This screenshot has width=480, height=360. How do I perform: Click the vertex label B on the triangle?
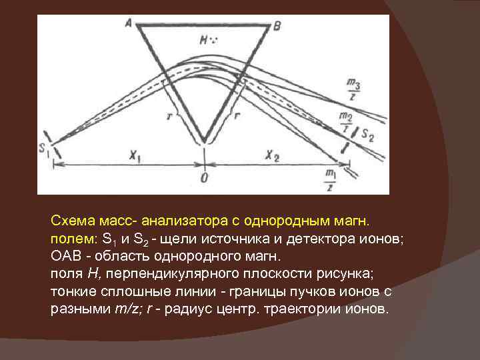pos(277,25)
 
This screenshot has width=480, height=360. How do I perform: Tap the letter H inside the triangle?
pos(205,40)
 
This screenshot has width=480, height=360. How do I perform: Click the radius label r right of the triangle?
pos(237,115)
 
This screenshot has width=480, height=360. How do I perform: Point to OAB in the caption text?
pos(67,257)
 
